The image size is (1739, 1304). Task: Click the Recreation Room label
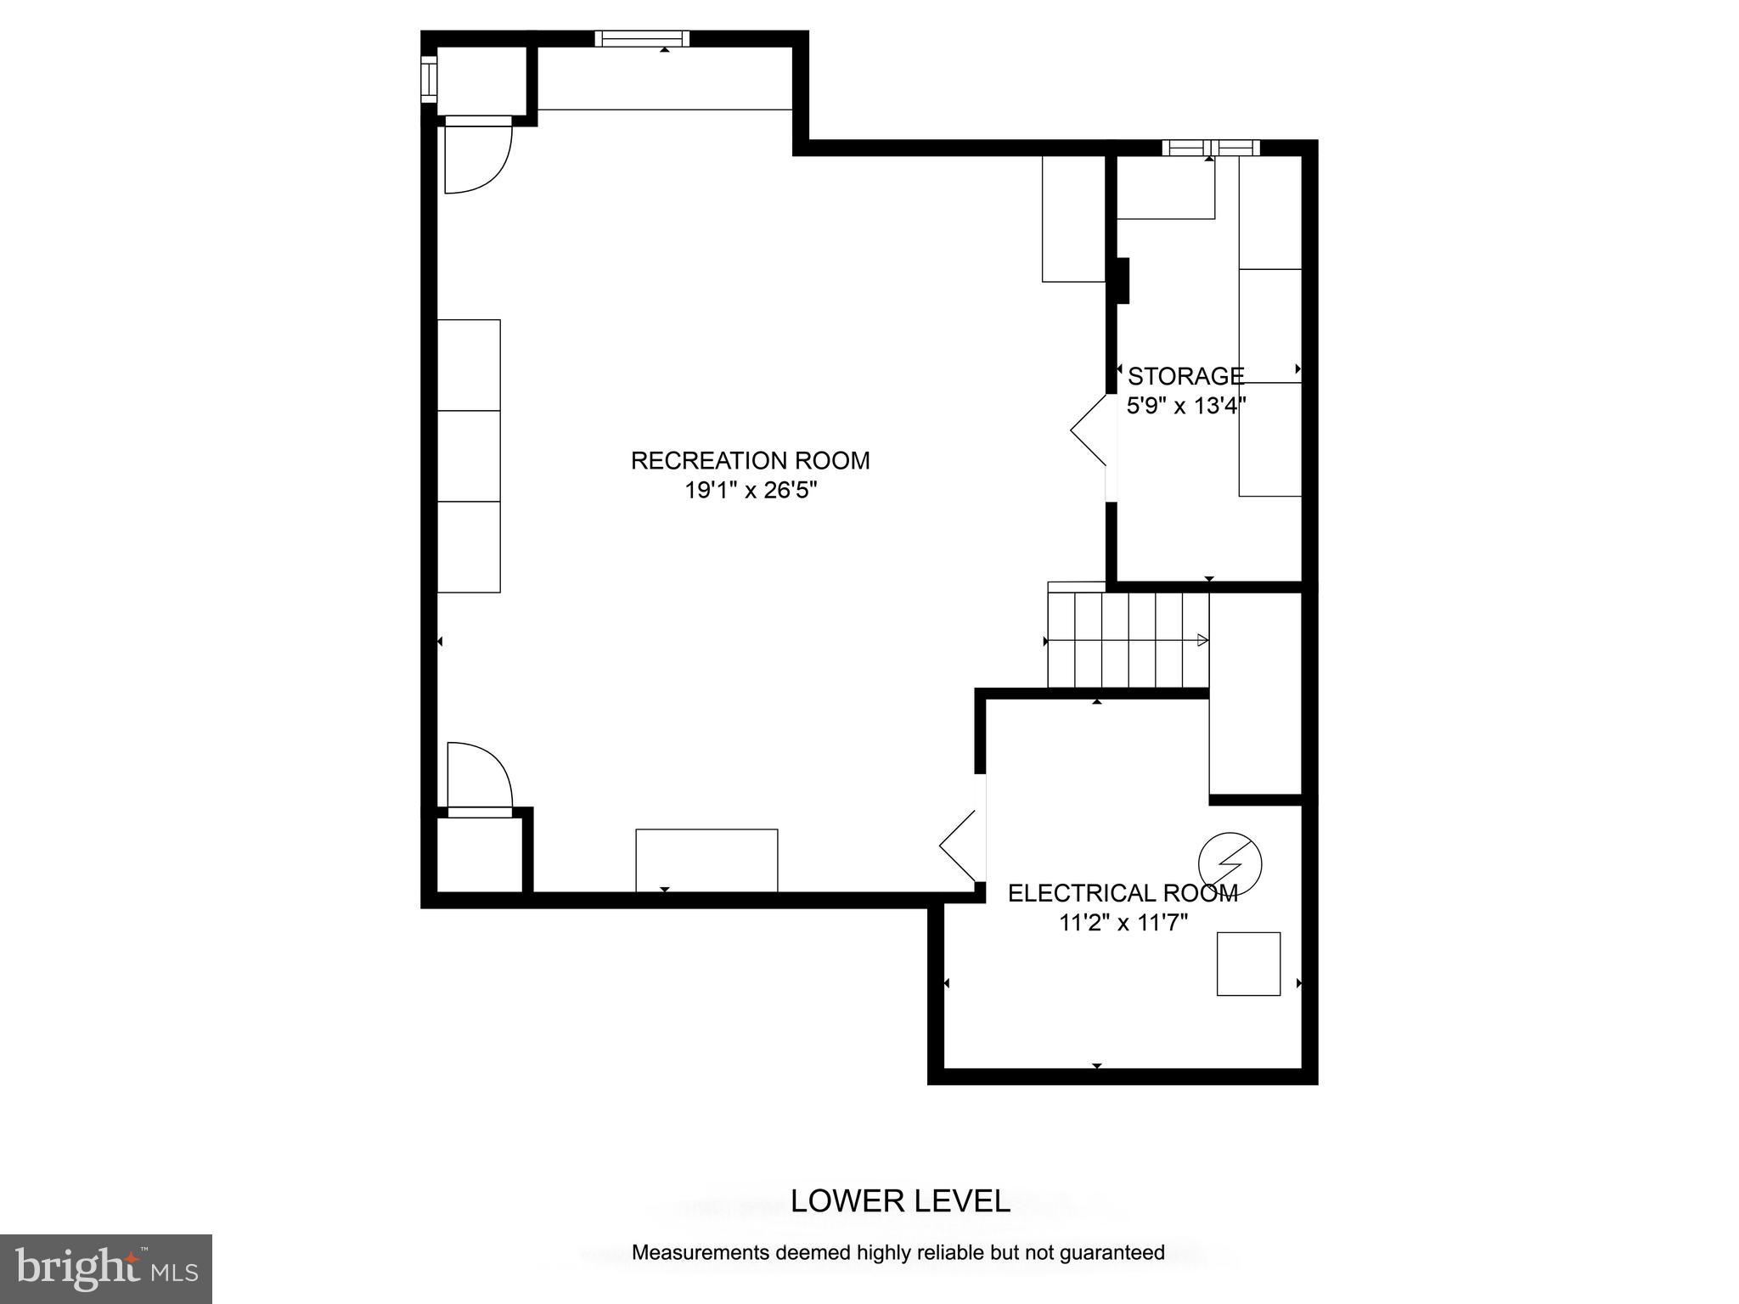(x=750, y=461)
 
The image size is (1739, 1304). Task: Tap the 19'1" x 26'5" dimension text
(x=750, y=491)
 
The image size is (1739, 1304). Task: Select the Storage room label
(x=1185, y=376)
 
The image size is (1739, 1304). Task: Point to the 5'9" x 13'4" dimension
(x=1185, y=406)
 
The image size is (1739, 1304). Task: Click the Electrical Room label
(x=1122, y=893)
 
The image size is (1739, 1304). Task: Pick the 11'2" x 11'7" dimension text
(x=1123, y=923)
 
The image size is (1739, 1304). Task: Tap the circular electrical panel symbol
(x=1230, y=864)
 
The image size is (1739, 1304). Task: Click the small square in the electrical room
(x=1248, y=964)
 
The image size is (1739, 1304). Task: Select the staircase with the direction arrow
(x=1128, y=640)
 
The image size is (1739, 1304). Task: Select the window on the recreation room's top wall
(x=641, y=38)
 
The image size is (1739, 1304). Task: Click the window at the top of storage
(x=1210, y=148)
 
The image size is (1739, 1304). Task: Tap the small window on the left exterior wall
(x=429, y=79)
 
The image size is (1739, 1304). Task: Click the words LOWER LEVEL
(x=900, y=1201)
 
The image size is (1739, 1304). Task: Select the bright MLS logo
(x=106, y=1268)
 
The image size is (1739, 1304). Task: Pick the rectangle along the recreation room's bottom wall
(x=706, y=860)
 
